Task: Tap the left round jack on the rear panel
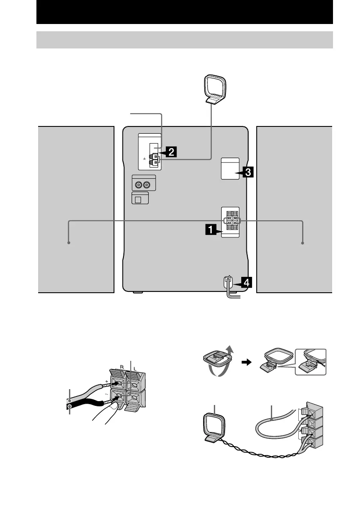[139, 185]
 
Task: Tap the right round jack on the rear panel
[147, 185]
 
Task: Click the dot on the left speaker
[69, 243]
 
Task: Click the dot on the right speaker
[303, 243]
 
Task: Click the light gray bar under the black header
[185, 39]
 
